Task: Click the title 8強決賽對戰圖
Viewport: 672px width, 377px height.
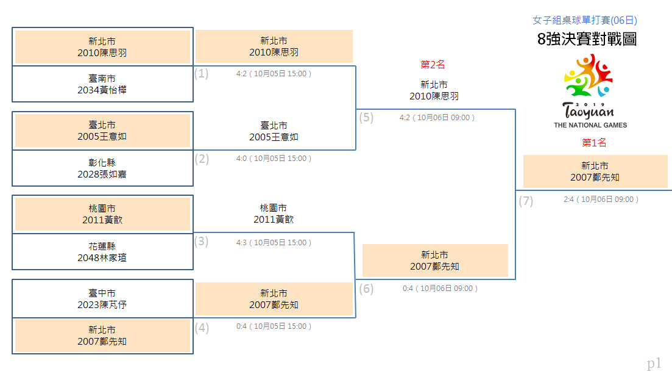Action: pyautogui.click(x=587, y=39)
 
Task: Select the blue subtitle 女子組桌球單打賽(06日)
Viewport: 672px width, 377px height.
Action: pyautogui.click(x=584, y=20)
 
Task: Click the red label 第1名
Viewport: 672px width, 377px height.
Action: pyautogui.click(x=594, y=143)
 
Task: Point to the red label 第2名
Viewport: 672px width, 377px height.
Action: pyautogui.click(x=433, y=65)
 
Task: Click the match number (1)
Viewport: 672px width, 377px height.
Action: pyautogui.click(x=201, y=73)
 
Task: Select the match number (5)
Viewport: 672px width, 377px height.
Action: pyautogui.click(x=366, y=117)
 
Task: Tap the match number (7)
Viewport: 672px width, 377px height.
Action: pyautogui.click(x=526, y=201)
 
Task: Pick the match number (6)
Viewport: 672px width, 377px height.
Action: pyautogui.click(x=366, y=289)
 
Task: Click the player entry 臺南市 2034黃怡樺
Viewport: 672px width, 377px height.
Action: pyautogui.click(x=102, y=84)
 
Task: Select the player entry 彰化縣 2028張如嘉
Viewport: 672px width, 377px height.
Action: pyautogui.click(x=102, y=168)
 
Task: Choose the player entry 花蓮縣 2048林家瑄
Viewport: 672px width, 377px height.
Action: pyautogui.click(x=102, y=252)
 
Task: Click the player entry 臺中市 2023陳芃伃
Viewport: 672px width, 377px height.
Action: pyautogui.click(x=102, y=299)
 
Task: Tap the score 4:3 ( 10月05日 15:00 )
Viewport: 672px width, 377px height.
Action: pyautogui.click(x=274, y=243)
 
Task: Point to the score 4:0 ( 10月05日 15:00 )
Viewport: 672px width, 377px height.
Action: pyautogui.click(x=274, y=159)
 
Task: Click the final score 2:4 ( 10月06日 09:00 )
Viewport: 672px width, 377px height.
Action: pyautogui.click(x=601, y=199)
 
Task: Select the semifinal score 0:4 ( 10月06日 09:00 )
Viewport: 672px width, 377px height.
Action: pyautogui.click(x=440, y=289)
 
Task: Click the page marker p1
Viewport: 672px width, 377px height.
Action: pyautogui.click(x=654, y=364)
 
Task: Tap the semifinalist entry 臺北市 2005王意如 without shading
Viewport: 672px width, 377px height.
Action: pyautogui.click(x=274, y=131)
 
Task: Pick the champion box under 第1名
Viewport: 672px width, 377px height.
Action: pyautogui.click(x=595, y=171)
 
